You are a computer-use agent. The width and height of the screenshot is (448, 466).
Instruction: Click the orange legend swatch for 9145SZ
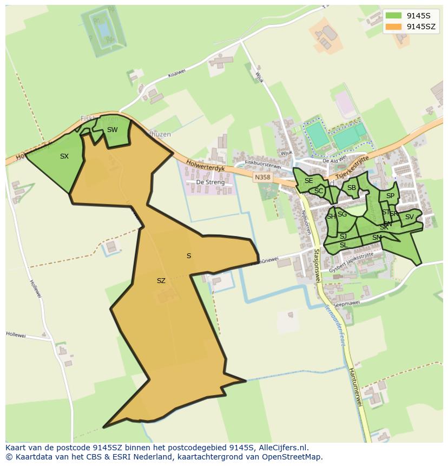click(x=394, y=27)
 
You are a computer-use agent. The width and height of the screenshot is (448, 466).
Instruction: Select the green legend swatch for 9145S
click(x=394, y=15)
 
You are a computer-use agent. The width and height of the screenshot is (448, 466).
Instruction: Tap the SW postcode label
click(x=112, y=130)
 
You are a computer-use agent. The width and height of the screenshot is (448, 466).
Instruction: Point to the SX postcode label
click(x=64, y=156)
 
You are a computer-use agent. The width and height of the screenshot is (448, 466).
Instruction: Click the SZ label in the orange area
click(x=161, y=281)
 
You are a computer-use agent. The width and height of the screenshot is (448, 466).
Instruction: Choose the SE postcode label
click(x=308, y=181)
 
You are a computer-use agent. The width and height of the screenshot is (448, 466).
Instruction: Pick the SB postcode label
click(x=352, y=188)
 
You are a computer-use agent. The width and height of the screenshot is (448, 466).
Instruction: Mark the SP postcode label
click(x=390, y=196)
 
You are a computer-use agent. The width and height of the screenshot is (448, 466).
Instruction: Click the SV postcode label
click(x=409, y=217)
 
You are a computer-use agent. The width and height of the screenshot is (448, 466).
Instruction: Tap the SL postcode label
click(x=343, y=245)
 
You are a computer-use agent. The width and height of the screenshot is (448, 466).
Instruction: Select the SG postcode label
click(x=342, y=214)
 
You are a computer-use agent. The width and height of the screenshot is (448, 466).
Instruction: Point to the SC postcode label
click(x=319, y=191)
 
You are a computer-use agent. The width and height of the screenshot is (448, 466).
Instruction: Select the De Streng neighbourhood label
click(x=210, y=182)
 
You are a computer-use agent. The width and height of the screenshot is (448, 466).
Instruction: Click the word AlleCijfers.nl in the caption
click(x=279, y=448)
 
